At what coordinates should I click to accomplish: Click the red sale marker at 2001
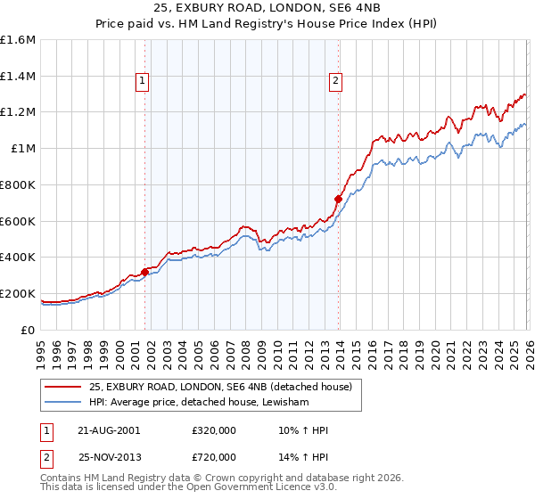[x=144, y=272]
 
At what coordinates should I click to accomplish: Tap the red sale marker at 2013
[x=338, y=199]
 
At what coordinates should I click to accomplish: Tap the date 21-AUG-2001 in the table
[x=109, y=430]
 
